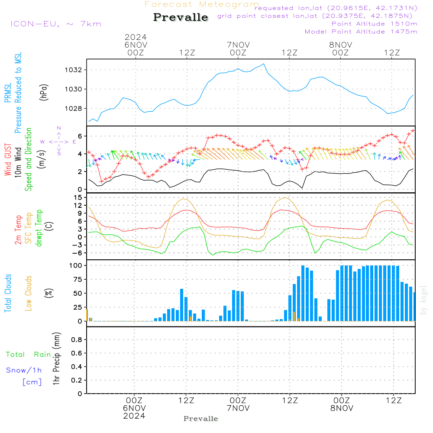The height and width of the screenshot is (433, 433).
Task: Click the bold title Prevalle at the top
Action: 181,17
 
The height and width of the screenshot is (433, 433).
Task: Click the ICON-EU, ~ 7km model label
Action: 55,24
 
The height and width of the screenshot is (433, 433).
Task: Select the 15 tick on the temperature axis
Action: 78,197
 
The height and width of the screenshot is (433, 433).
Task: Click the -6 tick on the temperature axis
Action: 77,253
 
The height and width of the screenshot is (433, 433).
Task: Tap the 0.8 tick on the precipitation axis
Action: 76,340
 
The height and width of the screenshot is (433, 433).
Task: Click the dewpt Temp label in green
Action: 39,228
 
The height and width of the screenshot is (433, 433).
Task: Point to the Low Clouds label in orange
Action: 29,293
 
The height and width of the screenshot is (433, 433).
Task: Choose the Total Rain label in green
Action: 28,355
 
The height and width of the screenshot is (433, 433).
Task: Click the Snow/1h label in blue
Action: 24,370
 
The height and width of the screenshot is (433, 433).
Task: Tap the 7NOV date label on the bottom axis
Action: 238,408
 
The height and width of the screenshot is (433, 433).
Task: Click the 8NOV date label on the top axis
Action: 340,45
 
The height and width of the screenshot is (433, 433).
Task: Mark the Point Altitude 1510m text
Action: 374,24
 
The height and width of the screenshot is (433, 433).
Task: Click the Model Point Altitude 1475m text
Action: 361,32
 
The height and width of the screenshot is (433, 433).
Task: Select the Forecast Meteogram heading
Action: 202,4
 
